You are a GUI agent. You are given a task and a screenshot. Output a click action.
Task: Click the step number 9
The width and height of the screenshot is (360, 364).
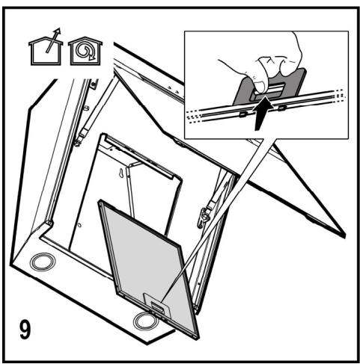[x=25, y=330]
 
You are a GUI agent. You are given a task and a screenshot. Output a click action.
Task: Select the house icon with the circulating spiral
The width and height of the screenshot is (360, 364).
[x=85, y=51]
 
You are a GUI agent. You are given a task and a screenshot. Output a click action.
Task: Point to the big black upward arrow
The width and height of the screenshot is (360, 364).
[x=262, y=113]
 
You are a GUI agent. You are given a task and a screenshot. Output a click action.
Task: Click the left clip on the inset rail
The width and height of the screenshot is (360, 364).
[x=242, y=114]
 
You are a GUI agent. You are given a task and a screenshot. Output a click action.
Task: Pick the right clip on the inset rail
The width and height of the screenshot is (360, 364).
[x=282, y=108]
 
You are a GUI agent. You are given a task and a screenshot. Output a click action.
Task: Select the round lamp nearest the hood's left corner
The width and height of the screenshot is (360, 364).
[x=43, y=262]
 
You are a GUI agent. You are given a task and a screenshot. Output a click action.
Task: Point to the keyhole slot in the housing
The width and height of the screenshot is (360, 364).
[x=121, y=173]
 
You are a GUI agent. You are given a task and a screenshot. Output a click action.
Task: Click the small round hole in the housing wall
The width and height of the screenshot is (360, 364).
[x=79, y=225]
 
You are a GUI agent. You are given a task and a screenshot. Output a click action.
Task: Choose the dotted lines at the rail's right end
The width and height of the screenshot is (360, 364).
[x=339, y=95]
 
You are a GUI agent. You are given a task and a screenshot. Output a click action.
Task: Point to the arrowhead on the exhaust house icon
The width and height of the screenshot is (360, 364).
[x=58, y=31]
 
